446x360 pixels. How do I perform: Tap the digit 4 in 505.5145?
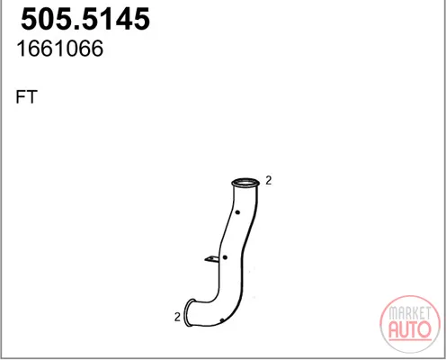(119, 19)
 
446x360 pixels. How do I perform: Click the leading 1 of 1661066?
(22, 49)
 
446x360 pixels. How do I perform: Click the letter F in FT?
(20, 96)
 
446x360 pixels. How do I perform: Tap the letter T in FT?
(31, 96)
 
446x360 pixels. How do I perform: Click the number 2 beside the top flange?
(269, 180)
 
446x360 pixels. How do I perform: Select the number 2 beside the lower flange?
(177, 317)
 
